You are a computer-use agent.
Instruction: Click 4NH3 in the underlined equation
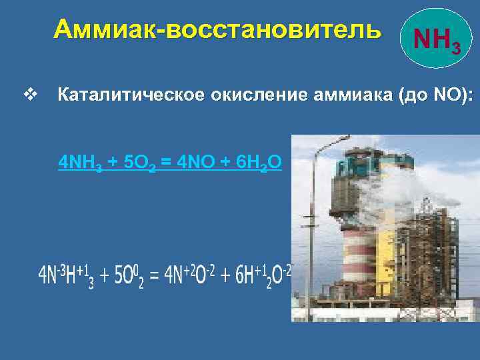[81, 162]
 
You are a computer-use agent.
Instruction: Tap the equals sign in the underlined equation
[167, 162]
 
